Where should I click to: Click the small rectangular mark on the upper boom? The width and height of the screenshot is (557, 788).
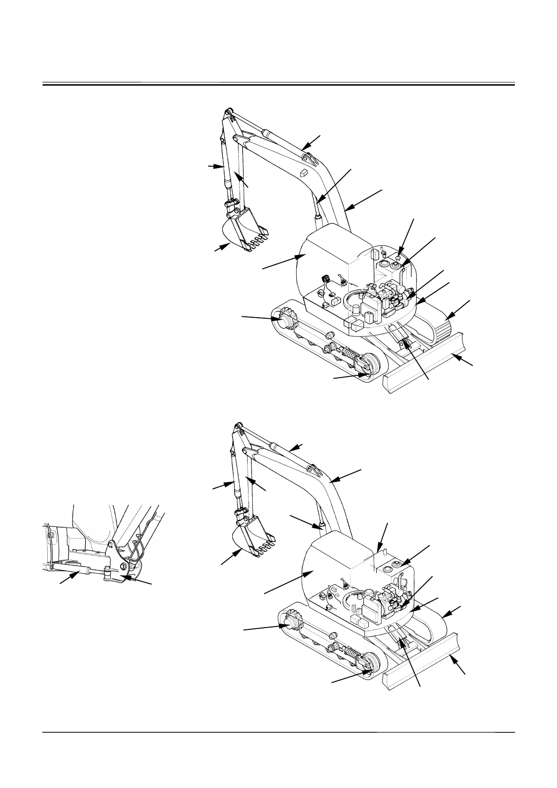(303, 172)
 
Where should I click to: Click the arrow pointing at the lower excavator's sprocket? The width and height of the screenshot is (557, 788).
(262, 628)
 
